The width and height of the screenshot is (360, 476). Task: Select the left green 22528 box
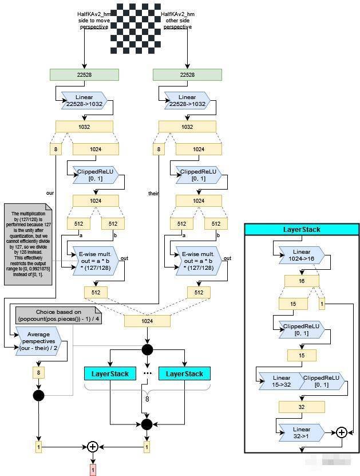click(84, 74)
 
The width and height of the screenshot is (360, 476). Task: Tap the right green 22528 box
click(187, 74)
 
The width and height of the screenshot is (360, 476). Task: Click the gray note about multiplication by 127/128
click(27, 244)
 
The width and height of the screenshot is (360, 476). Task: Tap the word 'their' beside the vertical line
click(153, 194)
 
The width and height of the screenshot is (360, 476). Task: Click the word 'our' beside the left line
click(50, 193)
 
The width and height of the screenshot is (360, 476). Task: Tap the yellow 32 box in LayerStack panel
click(302, 407)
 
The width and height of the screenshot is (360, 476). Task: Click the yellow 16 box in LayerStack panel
click(302, 281)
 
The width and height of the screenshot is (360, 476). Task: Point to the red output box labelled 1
click(92, 470)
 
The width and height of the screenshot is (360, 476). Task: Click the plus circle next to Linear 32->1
click(342, 432)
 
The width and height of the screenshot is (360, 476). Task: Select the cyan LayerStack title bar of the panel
click(302, 230)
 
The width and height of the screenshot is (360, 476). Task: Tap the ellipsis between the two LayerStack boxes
click(147, 373)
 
